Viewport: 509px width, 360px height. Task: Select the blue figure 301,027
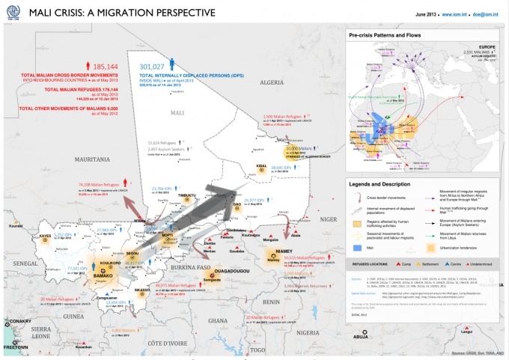[152, 66]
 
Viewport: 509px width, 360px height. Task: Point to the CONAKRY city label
[14, 322]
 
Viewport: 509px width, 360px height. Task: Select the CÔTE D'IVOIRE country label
[156, 341]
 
